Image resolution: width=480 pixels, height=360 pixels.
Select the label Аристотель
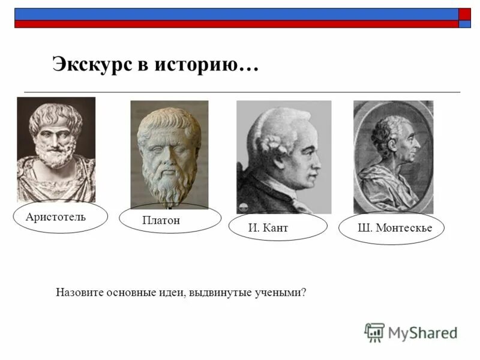tap(56, 217)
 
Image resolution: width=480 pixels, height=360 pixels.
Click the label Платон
tap(161, 221)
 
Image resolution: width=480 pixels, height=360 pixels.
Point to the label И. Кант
tap(268, 228)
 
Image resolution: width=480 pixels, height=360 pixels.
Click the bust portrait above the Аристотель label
tap(56, 149)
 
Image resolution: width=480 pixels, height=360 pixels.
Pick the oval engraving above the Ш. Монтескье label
tap(393, 157)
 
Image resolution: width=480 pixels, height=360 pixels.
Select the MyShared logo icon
tap(374, 332)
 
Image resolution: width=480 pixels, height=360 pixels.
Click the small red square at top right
tap(465, 14)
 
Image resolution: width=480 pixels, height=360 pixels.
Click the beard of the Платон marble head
tap(166, 183)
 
